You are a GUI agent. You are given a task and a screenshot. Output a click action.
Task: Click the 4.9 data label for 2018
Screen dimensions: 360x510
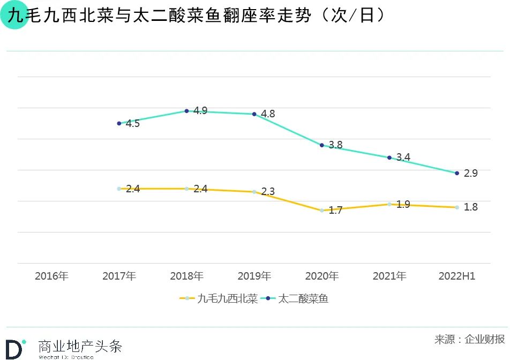point(200,111)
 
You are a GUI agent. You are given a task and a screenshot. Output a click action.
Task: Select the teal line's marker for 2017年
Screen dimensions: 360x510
point(119,123)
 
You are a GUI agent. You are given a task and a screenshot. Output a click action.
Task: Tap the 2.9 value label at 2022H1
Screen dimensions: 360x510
point(470,174)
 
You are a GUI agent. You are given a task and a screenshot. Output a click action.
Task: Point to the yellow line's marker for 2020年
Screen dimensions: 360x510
point(322,211)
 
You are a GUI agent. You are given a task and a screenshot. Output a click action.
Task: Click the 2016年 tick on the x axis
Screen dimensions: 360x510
point(52,276)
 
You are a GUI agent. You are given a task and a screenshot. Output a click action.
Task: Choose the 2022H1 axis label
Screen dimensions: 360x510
point(457,276)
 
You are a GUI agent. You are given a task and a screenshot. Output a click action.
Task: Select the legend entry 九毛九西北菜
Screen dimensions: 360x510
point(220,299)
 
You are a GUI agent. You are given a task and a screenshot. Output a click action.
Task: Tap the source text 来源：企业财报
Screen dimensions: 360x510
point(469,339)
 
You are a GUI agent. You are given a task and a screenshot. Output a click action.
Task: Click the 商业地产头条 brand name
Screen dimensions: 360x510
point(80,345)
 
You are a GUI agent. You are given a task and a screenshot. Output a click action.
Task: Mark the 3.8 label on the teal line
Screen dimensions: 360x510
point(335,145)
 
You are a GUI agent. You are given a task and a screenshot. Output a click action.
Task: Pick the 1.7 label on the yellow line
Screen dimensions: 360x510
point(335,211)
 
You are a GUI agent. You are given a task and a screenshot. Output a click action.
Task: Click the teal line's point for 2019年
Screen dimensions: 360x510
point(254,114)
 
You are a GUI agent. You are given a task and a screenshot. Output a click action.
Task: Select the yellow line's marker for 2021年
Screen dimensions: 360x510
point(389,204)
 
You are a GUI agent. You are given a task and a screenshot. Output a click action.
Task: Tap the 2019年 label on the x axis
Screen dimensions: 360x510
point(254,276)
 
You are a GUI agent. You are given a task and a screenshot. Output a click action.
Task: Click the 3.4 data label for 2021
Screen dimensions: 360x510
point(403,157)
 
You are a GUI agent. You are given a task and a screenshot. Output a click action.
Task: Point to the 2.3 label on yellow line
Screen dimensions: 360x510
point(268,192)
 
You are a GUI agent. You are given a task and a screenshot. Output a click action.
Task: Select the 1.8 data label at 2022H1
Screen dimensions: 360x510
point(470,207)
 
